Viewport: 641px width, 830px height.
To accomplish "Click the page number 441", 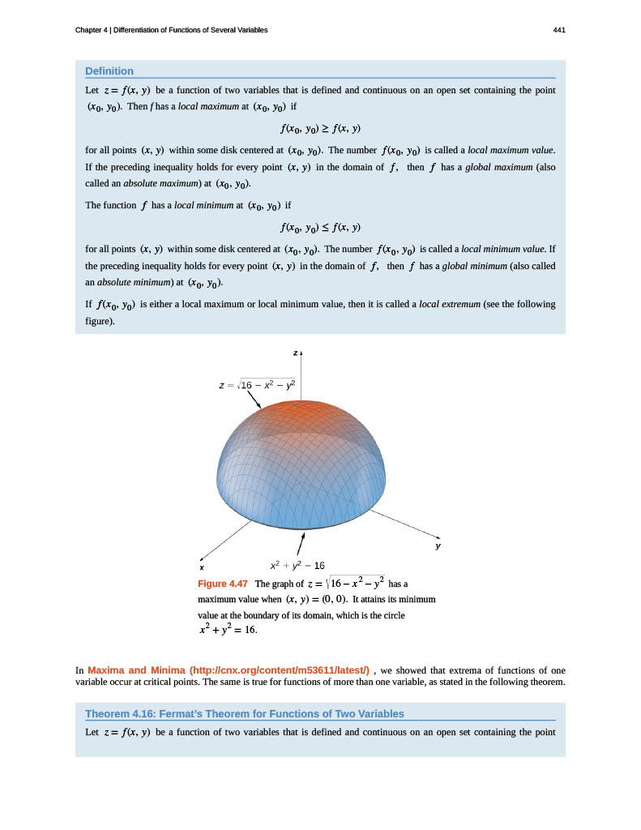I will click(558, 30).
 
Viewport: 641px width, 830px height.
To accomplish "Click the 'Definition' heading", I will click(109, 71).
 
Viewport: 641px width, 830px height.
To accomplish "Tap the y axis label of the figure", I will click(438, 547).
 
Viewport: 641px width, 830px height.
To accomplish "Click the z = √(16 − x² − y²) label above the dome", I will click(257, 384).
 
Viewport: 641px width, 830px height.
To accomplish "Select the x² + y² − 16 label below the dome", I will click(297, 565).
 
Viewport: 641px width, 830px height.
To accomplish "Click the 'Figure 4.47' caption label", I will click(223, 584).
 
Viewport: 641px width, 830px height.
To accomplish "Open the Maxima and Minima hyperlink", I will click(228, 670).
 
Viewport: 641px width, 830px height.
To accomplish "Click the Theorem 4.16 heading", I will click(244, 713).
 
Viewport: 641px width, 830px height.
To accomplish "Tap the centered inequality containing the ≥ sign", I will click(319, 128).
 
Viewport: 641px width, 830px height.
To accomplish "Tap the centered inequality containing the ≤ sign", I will click(319, 226).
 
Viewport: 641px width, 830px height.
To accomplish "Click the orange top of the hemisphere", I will click(301, 417).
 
